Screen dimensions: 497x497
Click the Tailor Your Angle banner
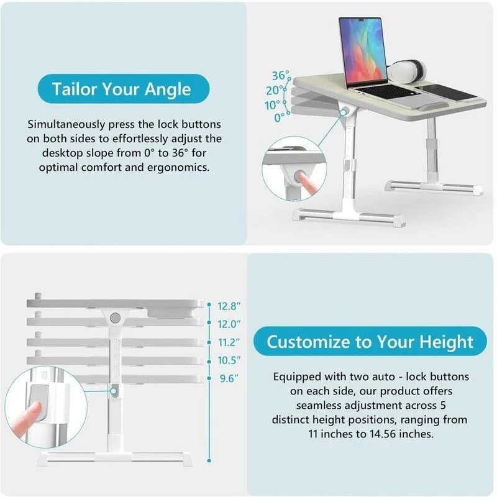122,89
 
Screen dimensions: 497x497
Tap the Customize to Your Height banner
370,341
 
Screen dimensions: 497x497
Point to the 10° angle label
273,104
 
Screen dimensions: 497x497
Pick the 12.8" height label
229,306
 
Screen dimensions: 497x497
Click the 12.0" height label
229,324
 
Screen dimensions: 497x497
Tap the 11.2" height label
229,342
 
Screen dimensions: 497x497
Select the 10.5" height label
229,360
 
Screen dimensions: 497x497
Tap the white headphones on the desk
408,70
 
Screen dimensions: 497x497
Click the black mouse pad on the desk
451,92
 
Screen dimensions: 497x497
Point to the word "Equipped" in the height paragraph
297,377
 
